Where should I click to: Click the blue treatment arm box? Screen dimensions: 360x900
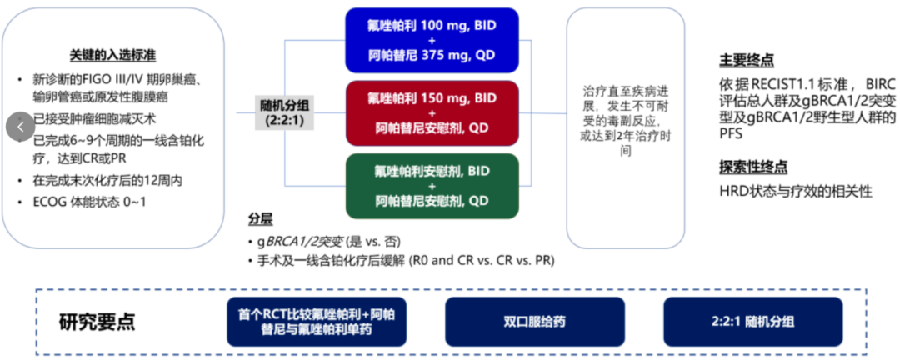(432, 41)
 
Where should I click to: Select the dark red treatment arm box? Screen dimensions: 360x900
(432, 112)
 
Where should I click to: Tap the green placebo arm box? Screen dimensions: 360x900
(432, 185)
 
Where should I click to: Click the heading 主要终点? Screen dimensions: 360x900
(746, 61)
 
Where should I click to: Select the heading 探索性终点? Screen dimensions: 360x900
(752, 167)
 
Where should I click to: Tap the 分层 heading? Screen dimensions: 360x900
(260, 219)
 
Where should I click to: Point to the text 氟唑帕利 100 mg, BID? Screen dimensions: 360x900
(432, 25)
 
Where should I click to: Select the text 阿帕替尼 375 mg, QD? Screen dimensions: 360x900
(432, 57)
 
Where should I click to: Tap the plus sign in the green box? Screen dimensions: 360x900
(432, 185)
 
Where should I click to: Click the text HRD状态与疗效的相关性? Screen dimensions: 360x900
(796, 191)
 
